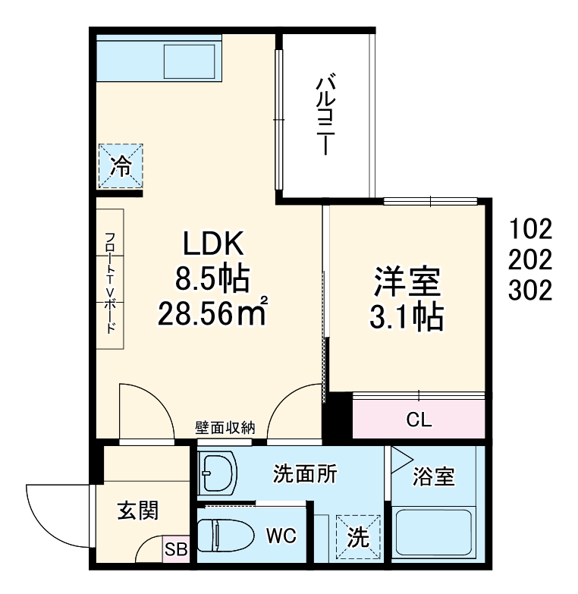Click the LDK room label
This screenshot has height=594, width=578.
(x=212, y=245)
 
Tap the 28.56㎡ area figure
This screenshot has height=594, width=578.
(x=212, y=312)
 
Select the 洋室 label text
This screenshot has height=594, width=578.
(x=407, y=283)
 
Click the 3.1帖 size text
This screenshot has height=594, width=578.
(x=407, y=318)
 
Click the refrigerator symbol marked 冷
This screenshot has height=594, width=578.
(x=120, y=165)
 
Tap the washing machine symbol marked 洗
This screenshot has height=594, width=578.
(x=357, y=536)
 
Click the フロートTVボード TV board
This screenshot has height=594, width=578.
(x=110, y=278)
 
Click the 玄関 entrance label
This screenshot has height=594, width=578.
(x=137, y=511)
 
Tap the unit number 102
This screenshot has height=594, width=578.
(x=531, y=228)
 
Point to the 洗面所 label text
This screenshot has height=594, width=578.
(x=305, y=474)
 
